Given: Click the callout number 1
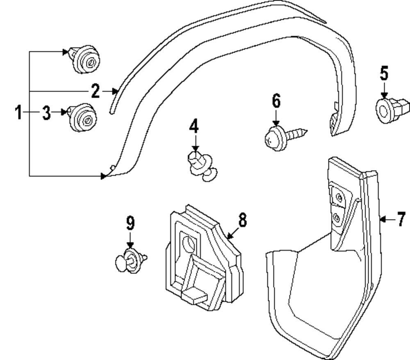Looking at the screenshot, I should [x=18, y=112].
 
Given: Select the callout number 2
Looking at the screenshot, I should [x=95, y=91].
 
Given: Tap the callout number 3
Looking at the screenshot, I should [x=47, y=112].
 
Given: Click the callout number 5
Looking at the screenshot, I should [x=384, y=73].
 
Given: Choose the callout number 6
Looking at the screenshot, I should [x=276, y=101].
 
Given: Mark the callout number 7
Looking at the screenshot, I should [x=401, y=220].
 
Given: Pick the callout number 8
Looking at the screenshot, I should [x=242, y=220].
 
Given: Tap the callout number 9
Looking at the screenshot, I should [x=130, y=223].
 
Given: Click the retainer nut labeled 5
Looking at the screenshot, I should [x=392, y=109].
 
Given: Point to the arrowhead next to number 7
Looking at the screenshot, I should [x=383, y=220].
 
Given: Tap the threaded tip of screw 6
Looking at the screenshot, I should [x=304, y=131].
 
